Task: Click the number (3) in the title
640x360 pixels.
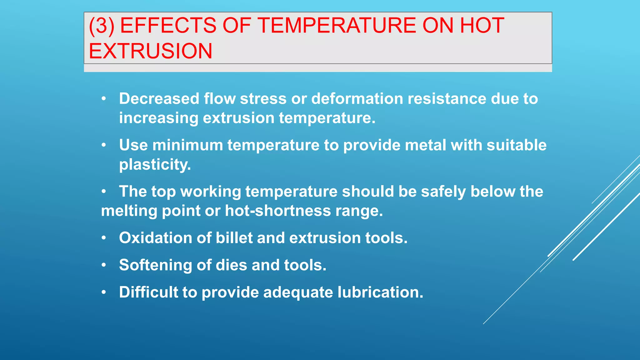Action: pos(101,26)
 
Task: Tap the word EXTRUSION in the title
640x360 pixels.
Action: pos(151,51)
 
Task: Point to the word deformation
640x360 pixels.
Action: pos(357,99)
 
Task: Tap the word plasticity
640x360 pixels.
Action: pos(155,165)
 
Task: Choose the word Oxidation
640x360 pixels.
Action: pos(155,238)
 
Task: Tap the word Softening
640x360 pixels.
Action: pos(155,265)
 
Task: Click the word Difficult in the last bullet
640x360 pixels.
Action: pos(148,292)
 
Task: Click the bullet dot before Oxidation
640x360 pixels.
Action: pos(104,238)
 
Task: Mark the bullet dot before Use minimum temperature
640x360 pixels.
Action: pos(104,145)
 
